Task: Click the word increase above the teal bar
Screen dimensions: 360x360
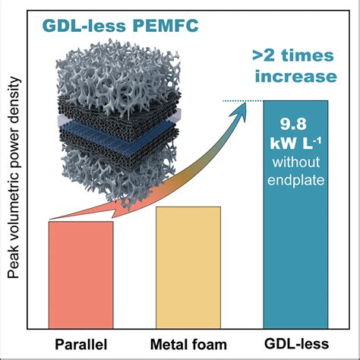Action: tap(295, 77)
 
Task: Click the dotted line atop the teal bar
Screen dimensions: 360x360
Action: tap(243, 101)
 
